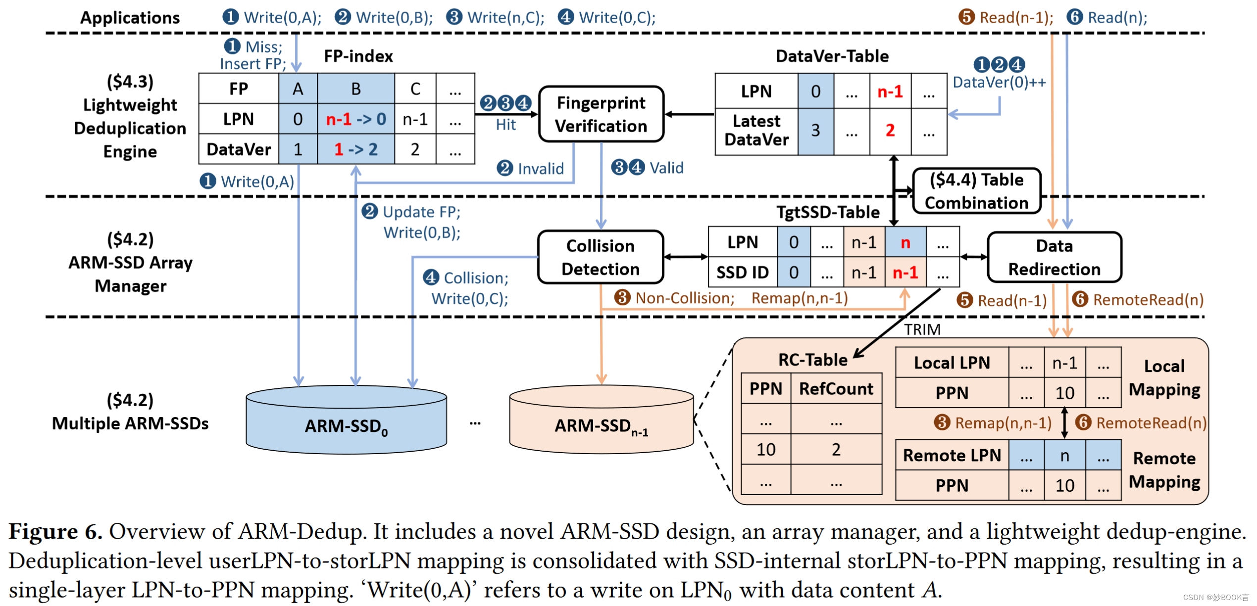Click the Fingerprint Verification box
pyautogui.click(x=601, y=114)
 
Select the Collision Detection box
pyautogui.click(x=600, y=257)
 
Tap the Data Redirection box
pyautogui.click(x=1054, y=257)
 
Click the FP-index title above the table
pyautogui.click(x=358, y=56)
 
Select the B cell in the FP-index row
pyautogui.click(x=355, y=89)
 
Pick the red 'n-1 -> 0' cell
pyautogui.click(x=355, y=119)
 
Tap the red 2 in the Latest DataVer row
pyautogui.click(x=890, y=130)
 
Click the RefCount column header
pyautogui.click(x=836, y=389)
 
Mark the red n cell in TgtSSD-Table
pyautogui.click(x=905, y=242)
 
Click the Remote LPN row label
pyautogui.click(x=951, y=455)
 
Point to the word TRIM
pyautogui.click(x=922, y=329)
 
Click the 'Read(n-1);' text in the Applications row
pyautogui.click(x=1016, y=18)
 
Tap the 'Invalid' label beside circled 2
pyautogui.click(x=541, y=169)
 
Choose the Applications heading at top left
pyautogui.click(x=130, y=18)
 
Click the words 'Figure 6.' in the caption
pyautogui.click(x=55, y=532)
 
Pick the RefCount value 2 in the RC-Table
pyautogui.click(x=836, y=449)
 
